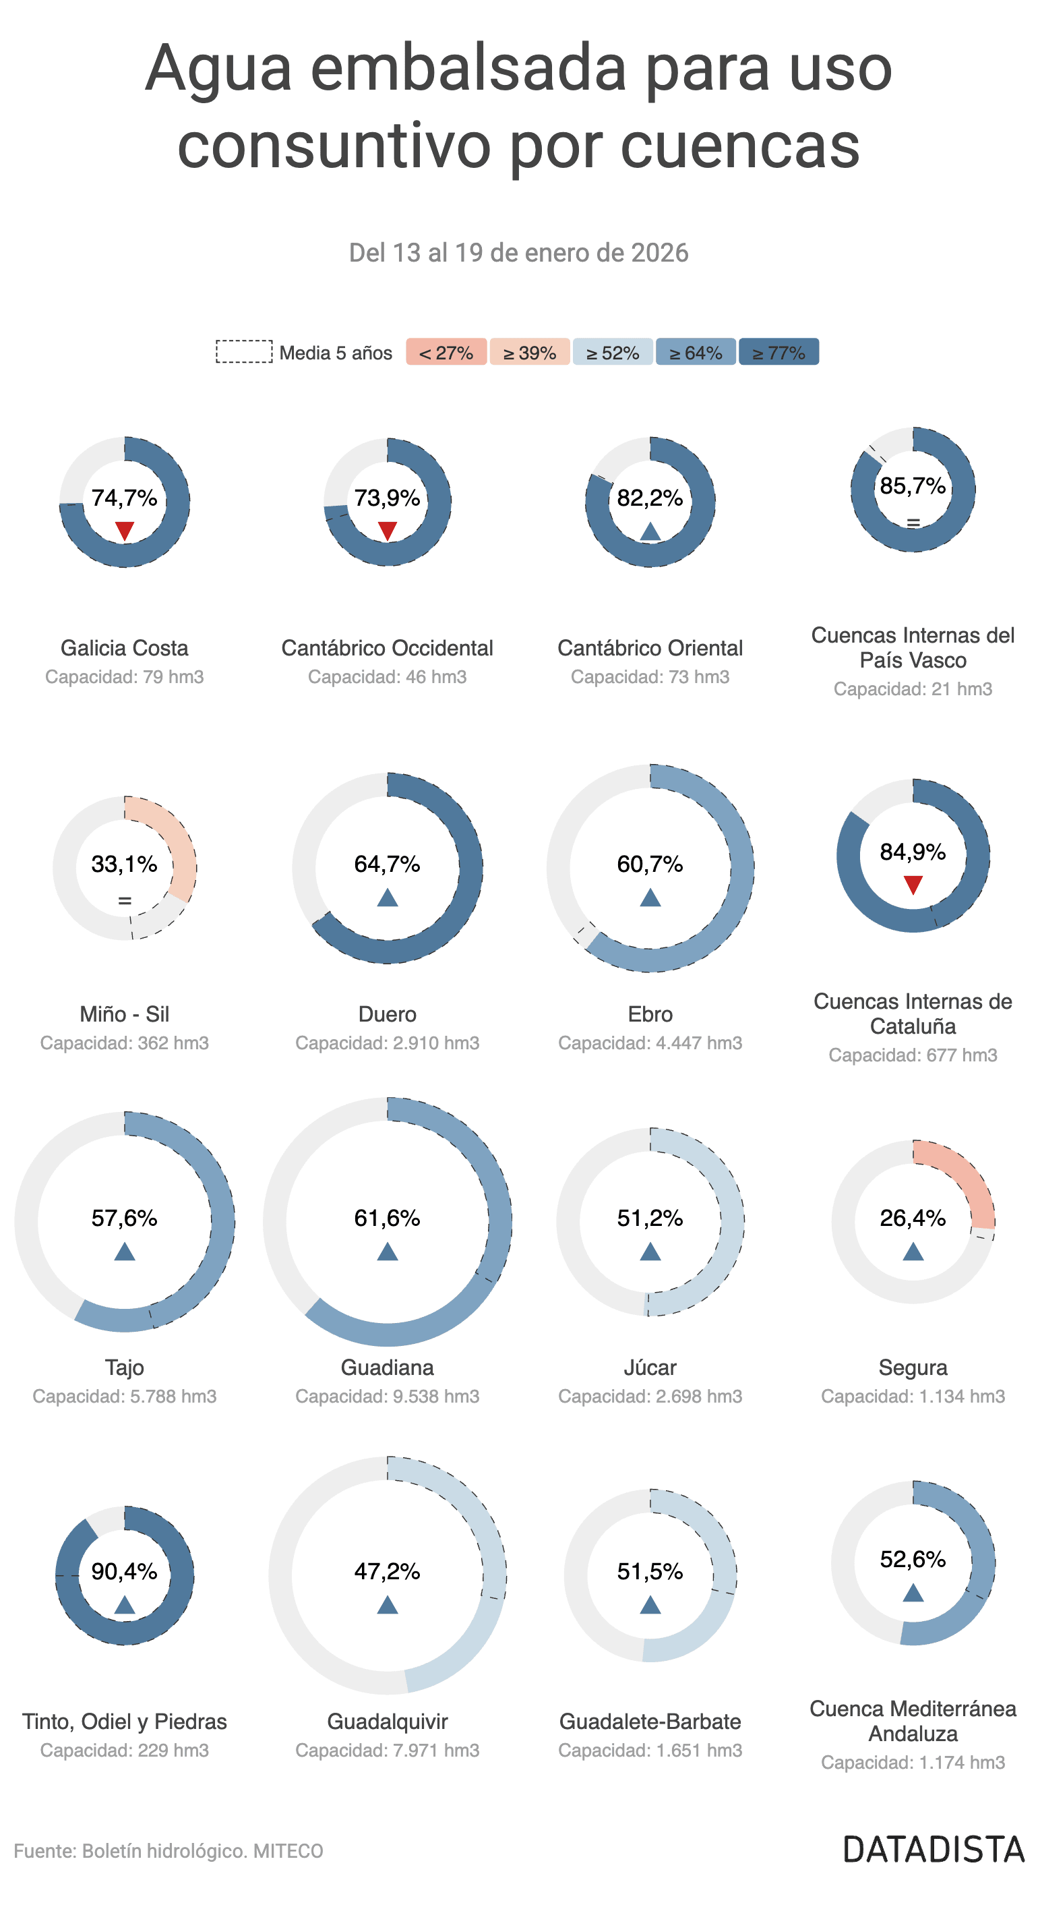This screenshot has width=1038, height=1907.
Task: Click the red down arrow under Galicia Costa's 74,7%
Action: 124,530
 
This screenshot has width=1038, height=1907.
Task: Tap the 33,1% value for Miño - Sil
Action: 124,864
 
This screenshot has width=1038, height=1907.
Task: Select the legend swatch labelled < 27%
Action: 446,353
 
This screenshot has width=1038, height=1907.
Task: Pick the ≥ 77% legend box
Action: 778,353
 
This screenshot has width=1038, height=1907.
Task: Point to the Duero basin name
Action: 387,1014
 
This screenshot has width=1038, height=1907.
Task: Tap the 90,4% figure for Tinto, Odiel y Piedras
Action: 124,1571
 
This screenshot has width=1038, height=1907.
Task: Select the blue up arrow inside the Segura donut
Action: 913,1252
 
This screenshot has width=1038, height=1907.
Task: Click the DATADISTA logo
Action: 934,1850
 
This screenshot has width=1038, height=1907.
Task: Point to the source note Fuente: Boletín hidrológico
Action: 169,1851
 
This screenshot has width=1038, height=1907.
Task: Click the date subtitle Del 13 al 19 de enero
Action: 518,253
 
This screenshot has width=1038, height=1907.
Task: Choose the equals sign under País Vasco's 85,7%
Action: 913,523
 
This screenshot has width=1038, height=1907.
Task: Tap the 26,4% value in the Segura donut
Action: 913,1218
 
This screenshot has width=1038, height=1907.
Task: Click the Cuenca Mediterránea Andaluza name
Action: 913,1721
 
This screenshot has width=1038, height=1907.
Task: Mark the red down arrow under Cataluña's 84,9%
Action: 913,885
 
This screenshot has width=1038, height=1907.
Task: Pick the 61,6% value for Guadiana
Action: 387,1218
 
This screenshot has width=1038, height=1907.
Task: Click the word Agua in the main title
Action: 218,69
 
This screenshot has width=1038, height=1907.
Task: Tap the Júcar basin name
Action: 650,1368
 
